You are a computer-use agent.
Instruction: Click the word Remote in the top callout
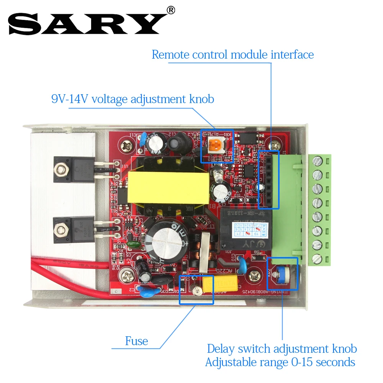(171, 54)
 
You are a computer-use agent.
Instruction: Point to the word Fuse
(136, 341)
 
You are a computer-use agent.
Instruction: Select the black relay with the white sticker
(245, 228)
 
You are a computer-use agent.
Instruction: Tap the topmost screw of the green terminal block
(317, 160)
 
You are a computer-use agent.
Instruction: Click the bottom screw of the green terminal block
(317, 259)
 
